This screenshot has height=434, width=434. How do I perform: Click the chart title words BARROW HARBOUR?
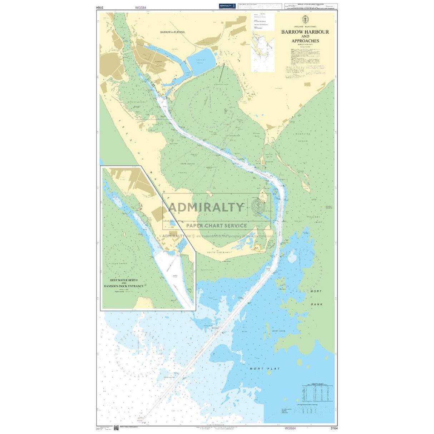coord(305,32)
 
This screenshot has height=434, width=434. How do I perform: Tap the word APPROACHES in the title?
coord(305,41)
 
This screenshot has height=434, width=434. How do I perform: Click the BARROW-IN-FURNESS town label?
coord(172,32)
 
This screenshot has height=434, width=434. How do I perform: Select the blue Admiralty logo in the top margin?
coord(227,6)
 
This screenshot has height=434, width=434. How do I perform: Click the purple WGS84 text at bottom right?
coord(290,428)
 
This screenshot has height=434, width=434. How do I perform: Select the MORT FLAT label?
coord(265,369)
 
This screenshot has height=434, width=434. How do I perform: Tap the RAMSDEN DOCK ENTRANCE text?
coord(124,286)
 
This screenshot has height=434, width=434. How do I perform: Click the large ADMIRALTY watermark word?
coord(206,207)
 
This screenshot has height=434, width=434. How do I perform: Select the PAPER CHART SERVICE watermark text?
coord(216,226)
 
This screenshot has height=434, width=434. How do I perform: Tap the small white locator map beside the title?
coord(263,52)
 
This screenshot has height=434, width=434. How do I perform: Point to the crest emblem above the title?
coord(305,19)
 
